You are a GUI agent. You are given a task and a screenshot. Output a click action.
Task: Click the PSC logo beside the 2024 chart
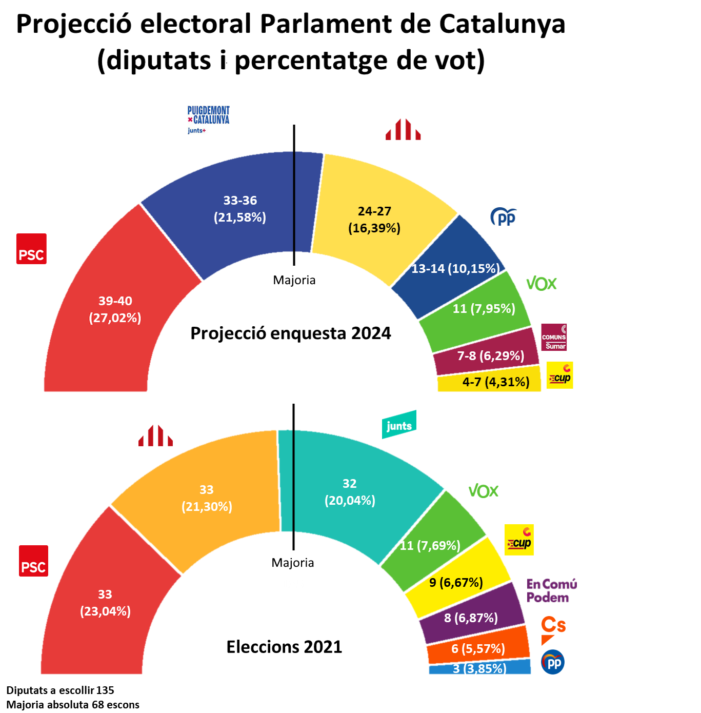[x=31, y=249]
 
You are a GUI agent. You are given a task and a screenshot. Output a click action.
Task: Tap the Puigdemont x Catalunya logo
[x=208, y=119]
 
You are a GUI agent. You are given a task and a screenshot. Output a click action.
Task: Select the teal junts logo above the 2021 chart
[x=399, y=425]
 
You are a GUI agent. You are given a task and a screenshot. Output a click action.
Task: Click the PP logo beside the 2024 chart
[x=504, y=217]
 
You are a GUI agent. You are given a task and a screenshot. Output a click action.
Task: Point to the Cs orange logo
[x=553, y=630]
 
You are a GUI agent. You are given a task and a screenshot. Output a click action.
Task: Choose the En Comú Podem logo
[x=551, y=590]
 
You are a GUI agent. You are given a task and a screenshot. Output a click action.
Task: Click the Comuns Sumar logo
[x=554, y=337]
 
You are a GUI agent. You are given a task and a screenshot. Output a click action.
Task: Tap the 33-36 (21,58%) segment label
[x=240, y=209]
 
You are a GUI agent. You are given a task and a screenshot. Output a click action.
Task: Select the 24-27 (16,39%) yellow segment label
[x=374, y=220]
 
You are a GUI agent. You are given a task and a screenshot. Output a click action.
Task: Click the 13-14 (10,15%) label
[x=455, y=268]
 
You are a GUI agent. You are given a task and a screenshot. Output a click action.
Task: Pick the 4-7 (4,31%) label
[x=495, y=382]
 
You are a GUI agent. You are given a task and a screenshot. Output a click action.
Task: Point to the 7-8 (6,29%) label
[x=490, y=355]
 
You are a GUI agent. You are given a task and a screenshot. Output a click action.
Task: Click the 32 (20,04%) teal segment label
[x=350, y=492]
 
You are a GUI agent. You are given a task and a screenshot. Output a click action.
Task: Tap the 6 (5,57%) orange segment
[x=478, y=648]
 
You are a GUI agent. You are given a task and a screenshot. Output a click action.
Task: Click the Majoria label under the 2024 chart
[x=294, y=280]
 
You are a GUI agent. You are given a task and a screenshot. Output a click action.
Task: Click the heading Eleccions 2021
[x=284, y=647]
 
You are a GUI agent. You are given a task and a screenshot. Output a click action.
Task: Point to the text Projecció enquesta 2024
[x=290, y=333]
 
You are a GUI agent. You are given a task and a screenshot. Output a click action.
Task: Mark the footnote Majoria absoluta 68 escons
[x=73, y=705]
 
